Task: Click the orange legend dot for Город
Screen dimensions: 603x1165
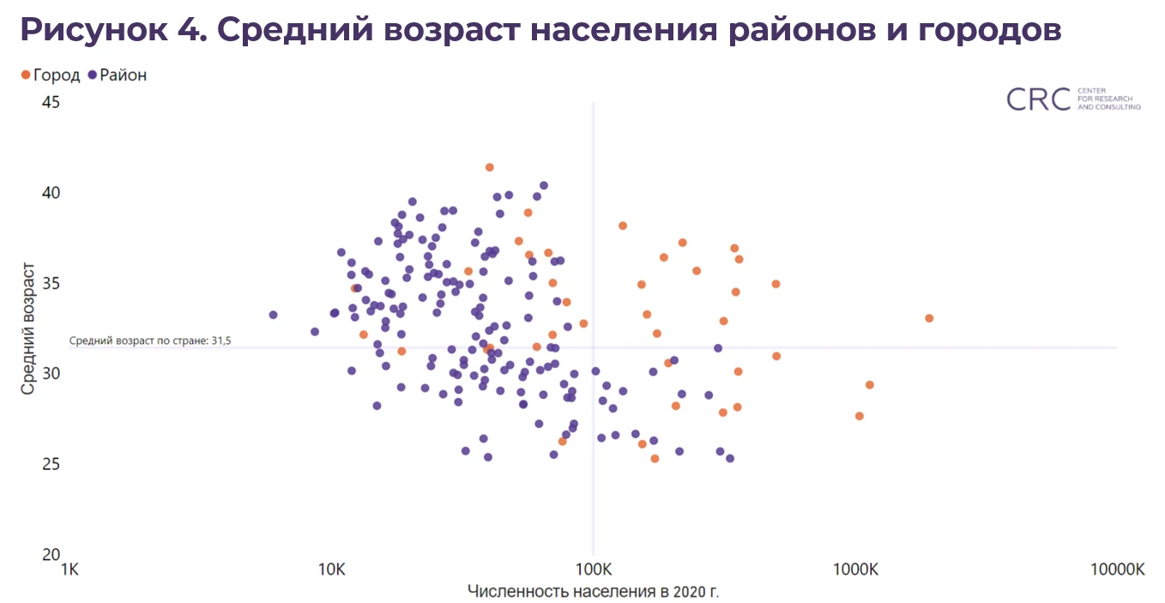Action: (25, 75)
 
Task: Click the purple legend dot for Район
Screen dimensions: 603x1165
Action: (92, 75)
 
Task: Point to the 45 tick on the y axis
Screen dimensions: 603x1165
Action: (51, 102)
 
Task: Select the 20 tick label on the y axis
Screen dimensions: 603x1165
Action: (51, 554)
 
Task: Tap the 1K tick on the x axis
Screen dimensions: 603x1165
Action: (69, 570)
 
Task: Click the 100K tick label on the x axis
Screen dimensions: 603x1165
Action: (594, 570)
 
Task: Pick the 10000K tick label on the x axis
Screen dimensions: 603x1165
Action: (1116, 570)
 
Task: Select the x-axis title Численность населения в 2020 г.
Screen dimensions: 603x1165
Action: (594, 591)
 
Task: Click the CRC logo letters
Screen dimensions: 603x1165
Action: (1038, 99)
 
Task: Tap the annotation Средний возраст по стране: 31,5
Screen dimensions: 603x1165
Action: (150, 341)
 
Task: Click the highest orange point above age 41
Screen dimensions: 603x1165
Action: (490, 167)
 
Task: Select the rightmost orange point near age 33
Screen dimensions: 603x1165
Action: (929, 318)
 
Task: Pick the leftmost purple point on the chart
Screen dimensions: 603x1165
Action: (273, 315)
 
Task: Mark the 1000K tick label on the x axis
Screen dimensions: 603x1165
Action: (855, 570)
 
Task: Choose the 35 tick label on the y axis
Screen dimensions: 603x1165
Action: (51, 283)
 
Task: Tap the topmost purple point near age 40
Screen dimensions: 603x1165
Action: (543, 185)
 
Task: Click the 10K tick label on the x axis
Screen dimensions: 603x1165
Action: (331, 570)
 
